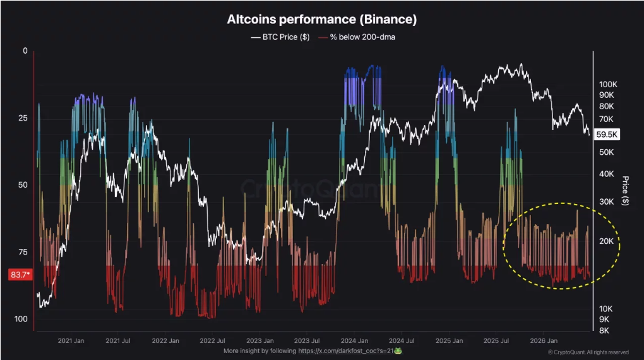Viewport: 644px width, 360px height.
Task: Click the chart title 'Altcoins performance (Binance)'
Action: (322, 20)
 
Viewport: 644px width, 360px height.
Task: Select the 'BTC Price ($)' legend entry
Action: (280, 37)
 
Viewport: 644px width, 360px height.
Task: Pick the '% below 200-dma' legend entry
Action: (357, 37)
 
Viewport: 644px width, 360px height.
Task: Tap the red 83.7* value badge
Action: (20, 275)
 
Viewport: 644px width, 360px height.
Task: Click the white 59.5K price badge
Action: (607, 135)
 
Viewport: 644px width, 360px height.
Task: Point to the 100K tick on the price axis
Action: (608, 84)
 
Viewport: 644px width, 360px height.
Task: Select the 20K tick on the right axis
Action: (606, 241)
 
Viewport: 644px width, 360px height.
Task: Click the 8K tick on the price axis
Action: (604, 330)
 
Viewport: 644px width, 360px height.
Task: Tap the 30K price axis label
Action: (606, 201)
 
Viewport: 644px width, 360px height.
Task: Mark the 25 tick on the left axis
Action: (23, 118)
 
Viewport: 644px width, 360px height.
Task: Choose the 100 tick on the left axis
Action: (21, 319)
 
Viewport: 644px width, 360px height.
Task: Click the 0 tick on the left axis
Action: (25, 51)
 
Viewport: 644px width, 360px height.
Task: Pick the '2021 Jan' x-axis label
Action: (71, 340)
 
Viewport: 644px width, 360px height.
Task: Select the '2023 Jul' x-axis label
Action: (307, 340)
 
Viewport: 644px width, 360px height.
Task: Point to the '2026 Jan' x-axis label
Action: (544, 340)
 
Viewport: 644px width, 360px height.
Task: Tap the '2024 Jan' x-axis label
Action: (354, 340)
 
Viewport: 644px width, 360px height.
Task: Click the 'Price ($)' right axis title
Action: (625, 191)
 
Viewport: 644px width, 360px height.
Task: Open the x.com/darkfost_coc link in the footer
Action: (346, 351)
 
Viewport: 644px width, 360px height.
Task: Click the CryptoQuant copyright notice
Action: (588, 352)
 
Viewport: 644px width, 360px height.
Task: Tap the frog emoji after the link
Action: (398, 351)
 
